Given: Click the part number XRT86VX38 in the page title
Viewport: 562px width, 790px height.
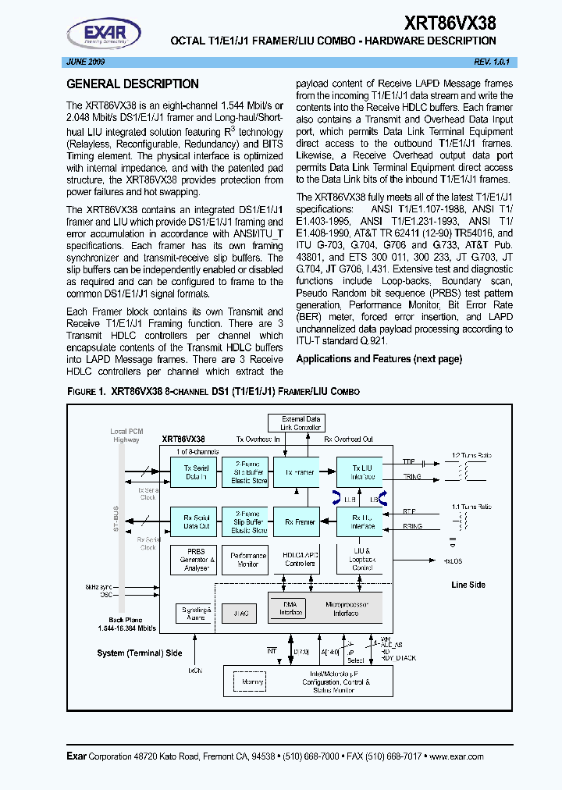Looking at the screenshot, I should pyautogui.click(x=450, y=23).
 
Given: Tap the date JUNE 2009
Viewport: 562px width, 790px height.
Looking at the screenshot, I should pyautogui.click(x=86, y=61).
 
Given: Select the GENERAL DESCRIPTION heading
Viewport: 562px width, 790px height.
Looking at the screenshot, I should pyautogui.click(x=133, y=84).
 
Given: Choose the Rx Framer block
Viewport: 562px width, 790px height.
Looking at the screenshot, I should pyautogui.click(x=299, y=521).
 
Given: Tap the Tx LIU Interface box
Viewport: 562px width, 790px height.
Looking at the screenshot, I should pyautogui.click(x=361, y=472).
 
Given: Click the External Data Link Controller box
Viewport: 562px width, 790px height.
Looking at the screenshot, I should pyautogui.click(x=301, y=423).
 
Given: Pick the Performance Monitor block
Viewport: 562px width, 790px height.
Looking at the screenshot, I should pyautogui.click(x=247, y=560).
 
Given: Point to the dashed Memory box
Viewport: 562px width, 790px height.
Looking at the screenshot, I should pyautogui.click(x=253, y=681).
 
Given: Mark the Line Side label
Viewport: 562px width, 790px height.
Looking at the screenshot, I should pyautogui.click(x=468, y=585).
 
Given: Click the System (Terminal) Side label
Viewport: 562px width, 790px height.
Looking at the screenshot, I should pyautogui.click(x=140, y=653).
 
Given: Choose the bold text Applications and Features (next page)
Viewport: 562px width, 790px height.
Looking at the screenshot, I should pyautogui.click(x=379, y=359).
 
